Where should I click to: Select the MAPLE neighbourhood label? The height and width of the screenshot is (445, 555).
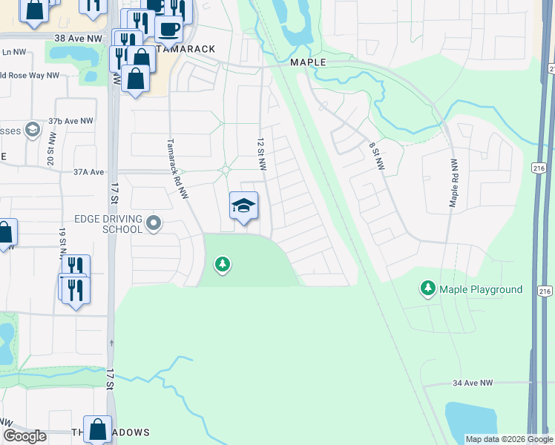[x=308, y=62]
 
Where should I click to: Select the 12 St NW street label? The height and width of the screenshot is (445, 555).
[x=261, y=154]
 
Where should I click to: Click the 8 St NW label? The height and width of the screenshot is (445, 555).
[x=376, y=156]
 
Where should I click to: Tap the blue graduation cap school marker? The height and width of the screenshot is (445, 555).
[x=243, y=206]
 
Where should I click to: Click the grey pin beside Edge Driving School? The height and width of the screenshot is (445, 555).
[x=154, y=222]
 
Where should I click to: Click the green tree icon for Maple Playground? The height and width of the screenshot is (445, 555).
[x=427, y=289]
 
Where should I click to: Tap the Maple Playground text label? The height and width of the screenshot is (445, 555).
[x=481, y=289]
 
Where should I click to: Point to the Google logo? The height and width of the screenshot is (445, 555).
[x=24, y=436]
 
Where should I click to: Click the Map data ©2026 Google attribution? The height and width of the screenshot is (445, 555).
[x=508, y=439]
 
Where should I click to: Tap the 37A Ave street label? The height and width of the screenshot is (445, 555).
[x=88, y=171]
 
